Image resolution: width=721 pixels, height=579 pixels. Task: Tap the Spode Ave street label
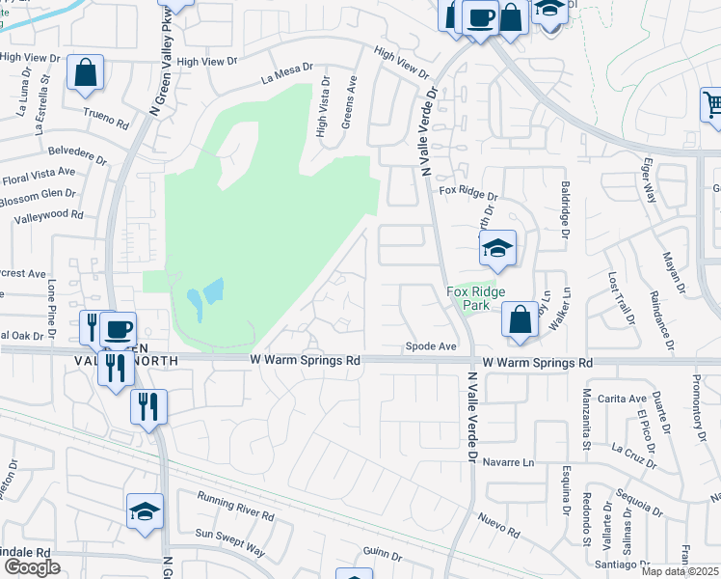(x=430, y=345)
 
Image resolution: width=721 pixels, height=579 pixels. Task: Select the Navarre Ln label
(x=508, y=462)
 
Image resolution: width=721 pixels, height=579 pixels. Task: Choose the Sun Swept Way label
(x=229, y=541)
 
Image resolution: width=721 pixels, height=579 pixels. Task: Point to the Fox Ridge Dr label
(x=467, y=194)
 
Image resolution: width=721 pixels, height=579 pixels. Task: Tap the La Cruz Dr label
(x=633, y=451)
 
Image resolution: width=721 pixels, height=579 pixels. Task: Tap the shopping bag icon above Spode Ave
(x=520, y=320)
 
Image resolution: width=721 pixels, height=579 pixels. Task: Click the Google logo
(x=31, y=567)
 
